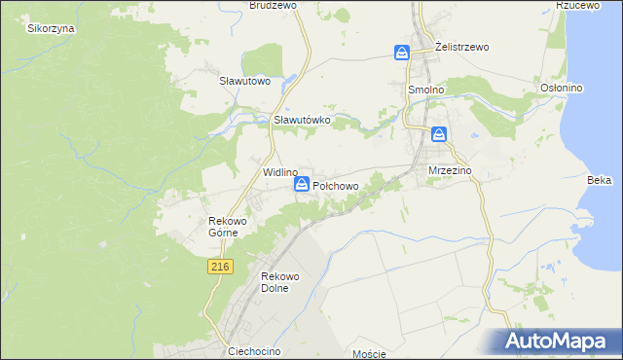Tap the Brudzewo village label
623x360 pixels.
click(273, 5)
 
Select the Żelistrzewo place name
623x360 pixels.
click(462, 47)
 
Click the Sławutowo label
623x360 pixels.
click(243, 81)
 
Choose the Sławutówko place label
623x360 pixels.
click(303, 120)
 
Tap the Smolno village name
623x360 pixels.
click(425, 89)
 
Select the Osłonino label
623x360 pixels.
click(561, 88)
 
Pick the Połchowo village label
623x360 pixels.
click(336, 185)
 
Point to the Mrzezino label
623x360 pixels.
click(450, 170)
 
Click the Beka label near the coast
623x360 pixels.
click(599, 180)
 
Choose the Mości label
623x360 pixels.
click(371, 353)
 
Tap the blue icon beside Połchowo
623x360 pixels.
click(302, 184)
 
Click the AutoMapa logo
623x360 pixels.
click(559, 341)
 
